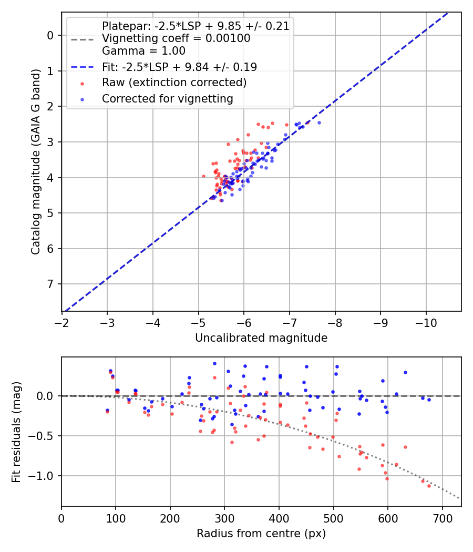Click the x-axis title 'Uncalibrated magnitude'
coord(261,338)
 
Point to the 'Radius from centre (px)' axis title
coord(261,534)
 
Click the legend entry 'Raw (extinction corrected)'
coord(174,83)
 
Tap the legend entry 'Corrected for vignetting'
coord(167,99)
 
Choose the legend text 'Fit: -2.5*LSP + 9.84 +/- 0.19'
coord(179,67)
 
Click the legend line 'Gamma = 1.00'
coord(143,51)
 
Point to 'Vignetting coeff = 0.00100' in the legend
coord(176,38)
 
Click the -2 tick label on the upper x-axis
coord(62,321)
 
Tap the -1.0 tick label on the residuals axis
coord(44,476)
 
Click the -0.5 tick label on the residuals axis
coord(44,436)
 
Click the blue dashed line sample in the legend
coord(83,67)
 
